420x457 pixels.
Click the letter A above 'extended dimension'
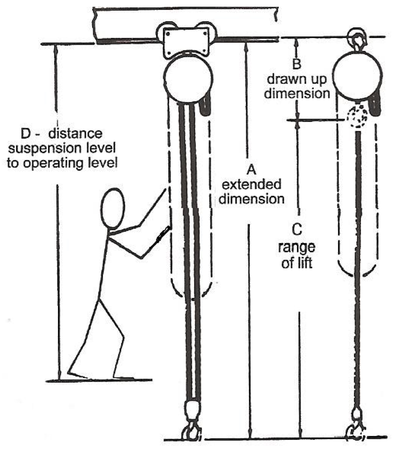(251, 169)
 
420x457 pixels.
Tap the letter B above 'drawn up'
(297, 64)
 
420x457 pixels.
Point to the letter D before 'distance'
(26, 133)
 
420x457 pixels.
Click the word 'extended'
(251, 184)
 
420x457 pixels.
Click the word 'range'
(297, 247)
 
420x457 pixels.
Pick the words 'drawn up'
(297, 79)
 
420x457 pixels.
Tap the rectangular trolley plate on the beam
(186, 42)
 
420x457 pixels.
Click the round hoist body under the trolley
(188, 79)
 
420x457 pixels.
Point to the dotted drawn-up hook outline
(357, 116)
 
